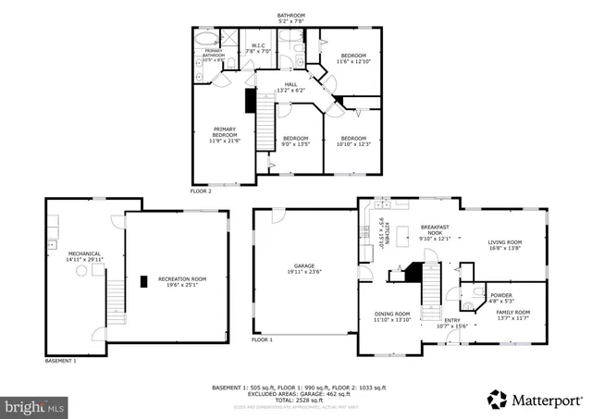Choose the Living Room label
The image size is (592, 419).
click(x=504, y=245)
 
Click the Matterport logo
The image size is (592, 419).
click(x=535, y=399)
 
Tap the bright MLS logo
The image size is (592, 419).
click(x=35, y=406)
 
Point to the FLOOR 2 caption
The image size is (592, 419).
click(x=201, y=191)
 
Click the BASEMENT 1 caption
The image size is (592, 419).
click(x=61, y=361)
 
